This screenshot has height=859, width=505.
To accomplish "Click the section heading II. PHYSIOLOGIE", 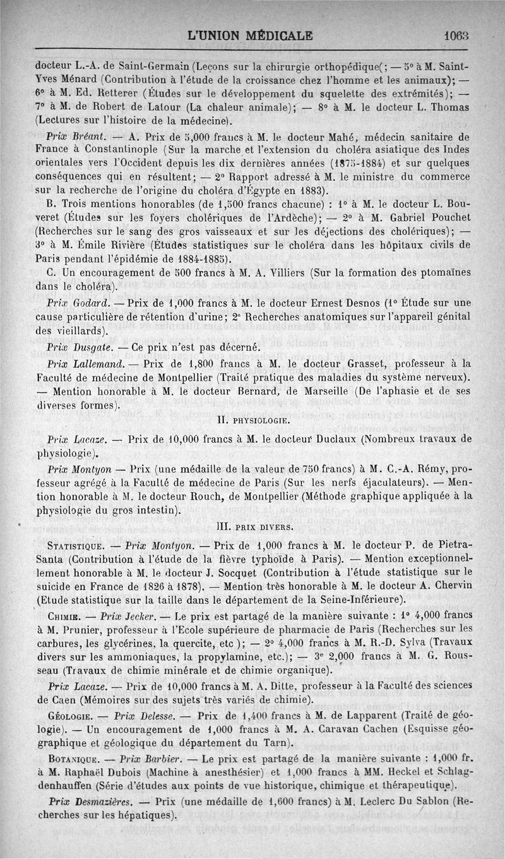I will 253,420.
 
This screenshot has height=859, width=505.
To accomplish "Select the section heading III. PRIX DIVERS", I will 254,526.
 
